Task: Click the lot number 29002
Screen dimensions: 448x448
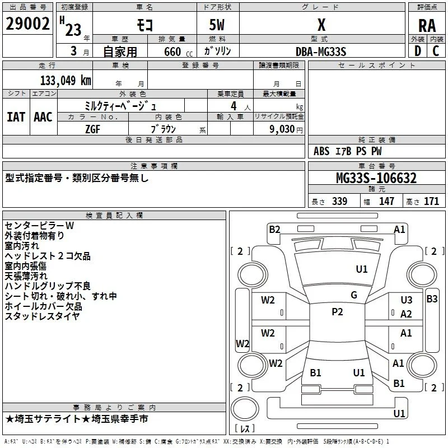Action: pyautogui.click(x=27, y=24)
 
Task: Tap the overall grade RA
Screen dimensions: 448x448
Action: pyautogui.click(x=427, y=26)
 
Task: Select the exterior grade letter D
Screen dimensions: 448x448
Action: pyautogui.click(x=418, y=51)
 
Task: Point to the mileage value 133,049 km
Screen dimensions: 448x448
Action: pyautogui.click(x=66, y=81)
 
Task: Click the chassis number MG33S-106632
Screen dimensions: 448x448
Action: pyautogui.click(x=376, y=178)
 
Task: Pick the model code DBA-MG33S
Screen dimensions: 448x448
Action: pyautogui.click(x=321, y=52)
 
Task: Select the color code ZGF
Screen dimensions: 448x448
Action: pyautogui.click(x=92, y=129)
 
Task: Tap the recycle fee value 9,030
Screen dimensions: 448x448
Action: pyautogui.click(x=282, y=129)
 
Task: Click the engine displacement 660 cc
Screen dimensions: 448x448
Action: pyautogui.click(x=179, y=52)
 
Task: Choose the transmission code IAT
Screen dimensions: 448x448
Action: pyautogui.click(x=16, y=117)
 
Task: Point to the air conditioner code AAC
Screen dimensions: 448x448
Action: pyautogui.click(x=43, y=117)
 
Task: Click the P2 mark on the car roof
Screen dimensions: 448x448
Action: pyautogui.click(x=337, y=312)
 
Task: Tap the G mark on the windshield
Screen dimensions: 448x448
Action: pyautogui.click(x=354, y=295)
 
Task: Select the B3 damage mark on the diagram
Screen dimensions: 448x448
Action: pyautogui.click(x=432, y=299)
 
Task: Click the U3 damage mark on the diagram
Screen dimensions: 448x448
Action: pyautogui.click(x=407, y=300)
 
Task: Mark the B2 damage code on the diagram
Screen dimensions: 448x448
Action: pyautogui.click(x=274, y=230)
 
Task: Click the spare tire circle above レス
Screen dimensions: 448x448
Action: pyautogui.click(x=245, y=409)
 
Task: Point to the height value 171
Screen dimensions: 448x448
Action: pyautogui.click(x=431, y=201)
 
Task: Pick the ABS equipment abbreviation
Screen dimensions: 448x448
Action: pyautogui.click(x=321, y=151)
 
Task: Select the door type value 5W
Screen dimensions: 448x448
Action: pyautogui.click(x=217, y=25)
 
